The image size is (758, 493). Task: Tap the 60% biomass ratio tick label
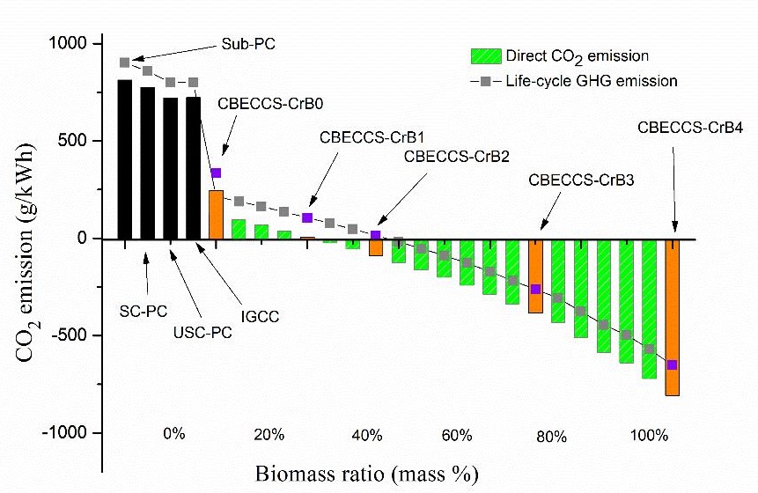click(x=458, y=435)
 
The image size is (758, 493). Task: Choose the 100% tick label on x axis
click(x=650, y=435)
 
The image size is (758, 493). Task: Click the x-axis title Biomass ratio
click(x=368, y=474)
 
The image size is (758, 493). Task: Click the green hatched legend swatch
click(x=486, y=56)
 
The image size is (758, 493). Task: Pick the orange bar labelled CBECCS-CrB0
click(x=216, y=214)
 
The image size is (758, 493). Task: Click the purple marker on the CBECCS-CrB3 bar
click(x=535, y=289)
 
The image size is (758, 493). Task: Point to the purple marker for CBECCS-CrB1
click(x=307, y=217)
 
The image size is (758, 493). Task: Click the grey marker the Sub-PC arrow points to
click(x=125, y=63)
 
